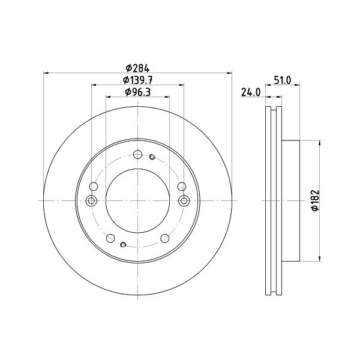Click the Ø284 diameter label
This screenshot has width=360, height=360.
pos(137,68)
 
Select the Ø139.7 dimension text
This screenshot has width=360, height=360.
pos(138,80)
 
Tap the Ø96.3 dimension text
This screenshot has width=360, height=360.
pos(138,92)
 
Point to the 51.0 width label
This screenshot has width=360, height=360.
pos(283,80)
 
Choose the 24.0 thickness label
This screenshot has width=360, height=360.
pos(251,92)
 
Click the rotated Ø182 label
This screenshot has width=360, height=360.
pos(315,200)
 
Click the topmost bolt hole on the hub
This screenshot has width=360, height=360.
pos(137,154)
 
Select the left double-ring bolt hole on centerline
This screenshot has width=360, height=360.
pos(91,201)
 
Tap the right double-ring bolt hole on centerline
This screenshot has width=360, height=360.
pos(184,201)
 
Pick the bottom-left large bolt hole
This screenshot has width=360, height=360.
pos(110,238)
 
